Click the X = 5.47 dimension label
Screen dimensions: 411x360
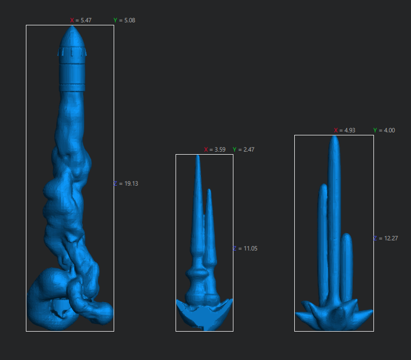[x=81, y=20]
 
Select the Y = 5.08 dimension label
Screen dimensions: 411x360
[x=124, y=20]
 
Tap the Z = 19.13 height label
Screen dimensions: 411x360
[x=126, y=184]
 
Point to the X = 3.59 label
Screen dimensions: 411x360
[x=215, y=150]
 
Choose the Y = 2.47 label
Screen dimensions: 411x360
[x=244, y=150]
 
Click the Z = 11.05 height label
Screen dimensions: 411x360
[x=245, y=248]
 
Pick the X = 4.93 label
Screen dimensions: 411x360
[x=345, y=130]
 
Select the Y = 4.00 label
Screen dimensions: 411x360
[x=384, y=130]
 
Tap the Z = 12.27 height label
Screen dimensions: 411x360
[x=386, y=238]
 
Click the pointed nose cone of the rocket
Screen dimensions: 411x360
[x=72, y=37]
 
